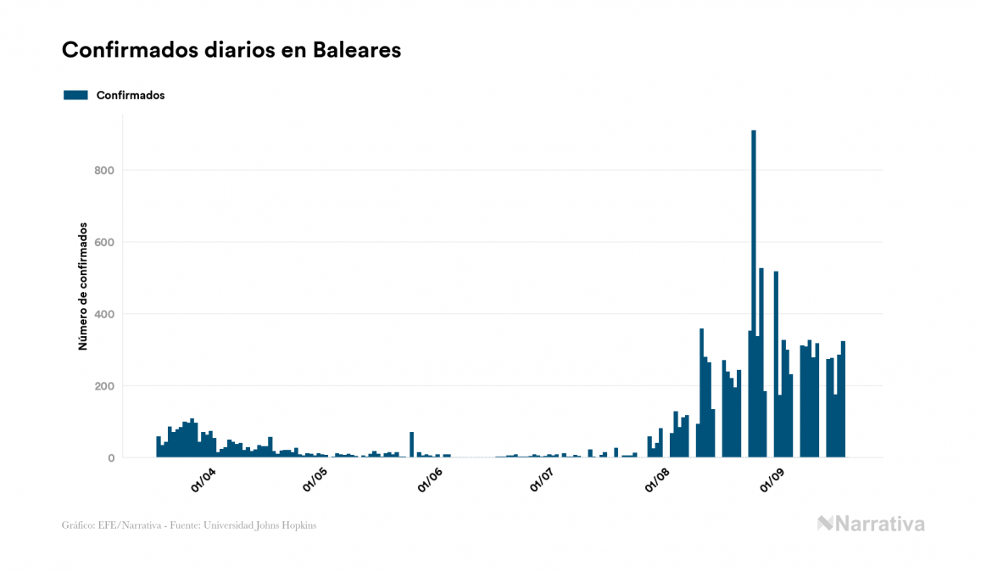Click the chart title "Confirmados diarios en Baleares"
click(x=231, y=50)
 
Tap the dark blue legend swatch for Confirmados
click(x=75, y=95)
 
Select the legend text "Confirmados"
click(x=131, y=95)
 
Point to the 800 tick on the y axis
click(x=103, y=171)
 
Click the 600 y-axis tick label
click(x=103, y=243)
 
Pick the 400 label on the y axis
click(x=103, y=315)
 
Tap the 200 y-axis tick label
click(x=103, y=386)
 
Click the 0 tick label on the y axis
click(x=110, y=458)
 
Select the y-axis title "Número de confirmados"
click(x=83, y=287)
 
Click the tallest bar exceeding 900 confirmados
click(x=754, y=289)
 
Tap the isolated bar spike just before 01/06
click(x=411, y=445)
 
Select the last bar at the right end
click(x=844, y=399)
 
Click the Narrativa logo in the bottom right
click(x=871, y=524)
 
